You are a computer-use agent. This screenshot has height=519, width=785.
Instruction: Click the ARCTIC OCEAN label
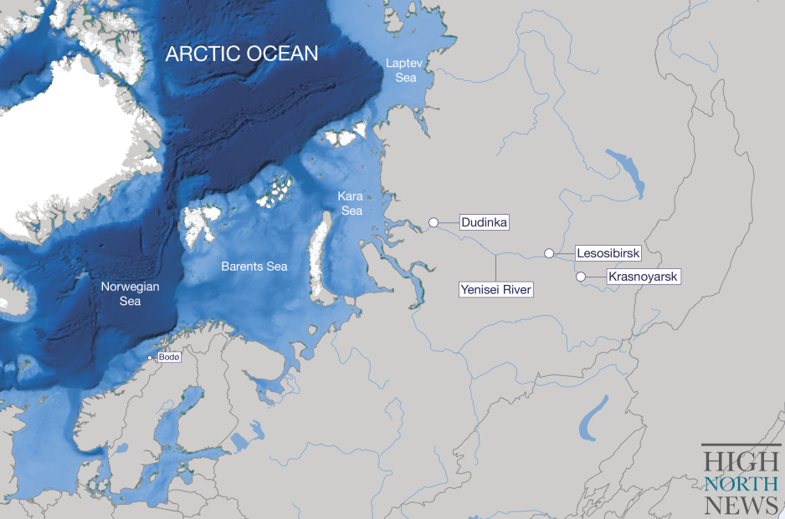(242, 53)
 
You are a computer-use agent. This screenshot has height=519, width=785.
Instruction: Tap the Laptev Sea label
(400, 70)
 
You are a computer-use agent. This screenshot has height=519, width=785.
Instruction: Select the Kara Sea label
(350, 203)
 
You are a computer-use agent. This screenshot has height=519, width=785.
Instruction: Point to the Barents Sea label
(254, 267)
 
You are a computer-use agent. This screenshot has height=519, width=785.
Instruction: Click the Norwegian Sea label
(130, 293)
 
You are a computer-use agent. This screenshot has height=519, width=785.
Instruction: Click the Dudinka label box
(485, 222)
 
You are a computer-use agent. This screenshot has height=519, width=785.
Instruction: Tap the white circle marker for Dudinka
(434, 222)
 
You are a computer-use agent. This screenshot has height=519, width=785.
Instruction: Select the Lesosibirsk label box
(608, 252)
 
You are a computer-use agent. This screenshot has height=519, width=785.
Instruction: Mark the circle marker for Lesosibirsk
(549, 253)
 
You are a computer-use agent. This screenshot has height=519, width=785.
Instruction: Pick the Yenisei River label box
(496, 290)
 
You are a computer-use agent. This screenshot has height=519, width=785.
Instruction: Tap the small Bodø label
(169, 357)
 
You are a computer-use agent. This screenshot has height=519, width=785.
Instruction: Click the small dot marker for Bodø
(150, 358)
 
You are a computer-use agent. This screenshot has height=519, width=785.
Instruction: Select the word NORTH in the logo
(741, 484)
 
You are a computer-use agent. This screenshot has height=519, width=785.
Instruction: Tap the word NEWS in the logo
(741, 505)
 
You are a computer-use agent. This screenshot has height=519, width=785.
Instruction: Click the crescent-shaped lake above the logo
(593, 418)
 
